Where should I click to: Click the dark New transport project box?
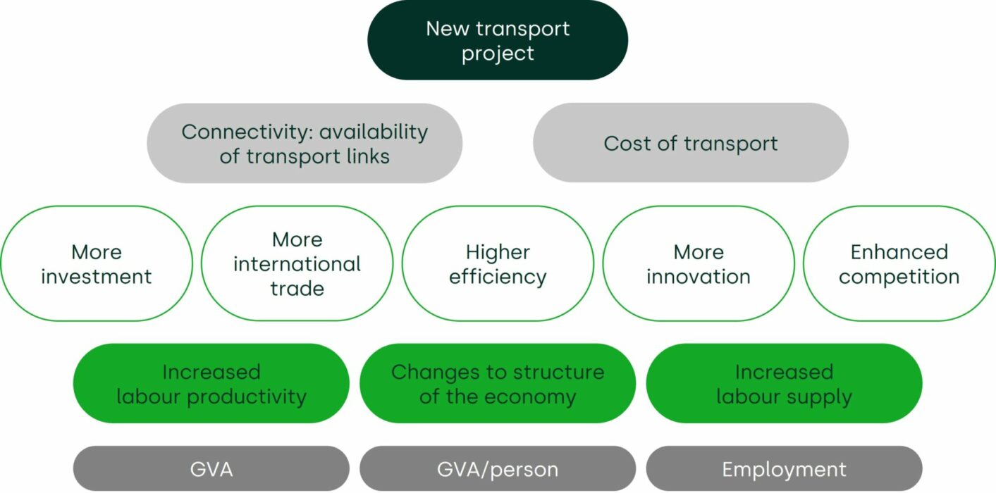(x=498, y=40)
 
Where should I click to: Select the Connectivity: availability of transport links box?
(x=305, y=143)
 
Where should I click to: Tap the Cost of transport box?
(x=691, y=143)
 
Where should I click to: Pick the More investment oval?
(x=97, y=263)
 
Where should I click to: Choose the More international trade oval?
(x=297, y=263)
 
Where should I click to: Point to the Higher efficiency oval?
(x=498, y=263)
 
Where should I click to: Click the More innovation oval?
(x=699, y=263)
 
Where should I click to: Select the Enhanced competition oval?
(x=899, y=263)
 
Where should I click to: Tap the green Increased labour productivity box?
(x=211, y=384)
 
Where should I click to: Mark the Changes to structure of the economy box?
(x=498, y=384)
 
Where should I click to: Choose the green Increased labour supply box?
(x=784, y=384)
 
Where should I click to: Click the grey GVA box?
(x=211, y=469)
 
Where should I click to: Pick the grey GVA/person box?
(x=498, y=469)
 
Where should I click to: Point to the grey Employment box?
(x=784, y=469)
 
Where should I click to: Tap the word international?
(x=297, y=264)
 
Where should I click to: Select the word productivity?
(x=247, y=397)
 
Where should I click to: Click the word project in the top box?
(x=498, y=54)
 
